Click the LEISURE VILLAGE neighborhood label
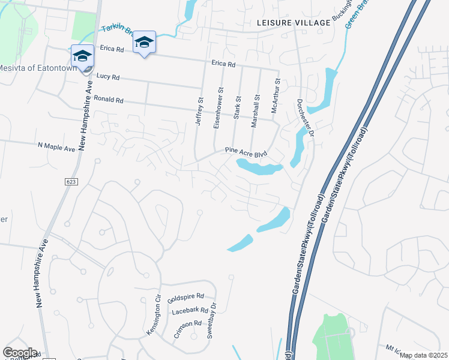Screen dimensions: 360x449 [x=293, y=23]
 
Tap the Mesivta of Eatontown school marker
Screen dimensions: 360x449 [x=82, y=56]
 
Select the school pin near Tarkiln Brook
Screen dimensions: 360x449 [x=144, y=43]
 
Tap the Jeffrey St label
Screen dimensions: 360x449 [x=200, y=112]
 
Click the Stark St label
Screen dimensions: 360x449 [x=238, y=107]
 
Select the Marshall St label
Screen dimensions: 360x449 [x=256, y=106]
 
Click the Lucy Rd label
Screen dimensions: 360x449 [x=108, y=77]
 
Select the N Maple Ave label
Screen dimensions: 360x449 [x=56, y=145]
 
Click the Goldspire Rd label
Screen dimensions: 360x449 [x=186, y=297]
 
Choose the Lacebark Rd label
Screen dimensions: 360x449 [x=189, y=311]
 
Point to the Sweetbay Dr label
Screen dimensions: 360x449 [x=211, y=325]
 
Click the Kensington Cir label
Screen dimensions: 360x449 [x=154, y=315]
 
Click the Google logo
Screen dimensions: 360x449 [x=20, y=353]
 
